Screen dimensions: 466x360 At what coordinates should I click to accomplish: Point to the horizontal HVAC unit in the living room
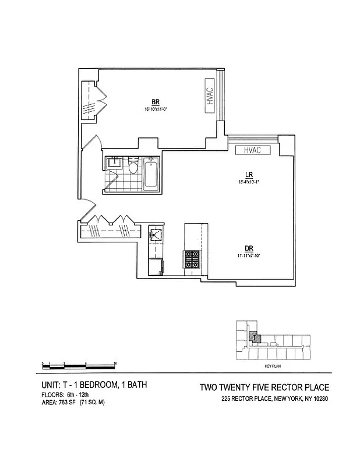252,150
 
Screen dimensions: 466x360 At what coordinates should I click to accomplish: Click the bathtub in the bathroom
151,173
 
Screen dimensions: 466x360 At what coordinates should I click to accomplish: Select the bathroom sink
114,161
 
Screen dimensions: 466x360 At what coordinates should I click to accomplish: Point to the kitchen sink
156,235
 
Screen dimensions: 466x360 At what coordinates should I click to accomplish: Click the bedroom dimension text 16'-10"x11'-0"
156,109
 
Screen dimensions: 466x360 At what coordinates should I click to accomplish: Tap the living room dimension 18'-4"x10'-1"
248,181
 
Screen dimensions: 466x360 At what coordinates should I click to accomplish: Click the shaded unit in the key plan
253,336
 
